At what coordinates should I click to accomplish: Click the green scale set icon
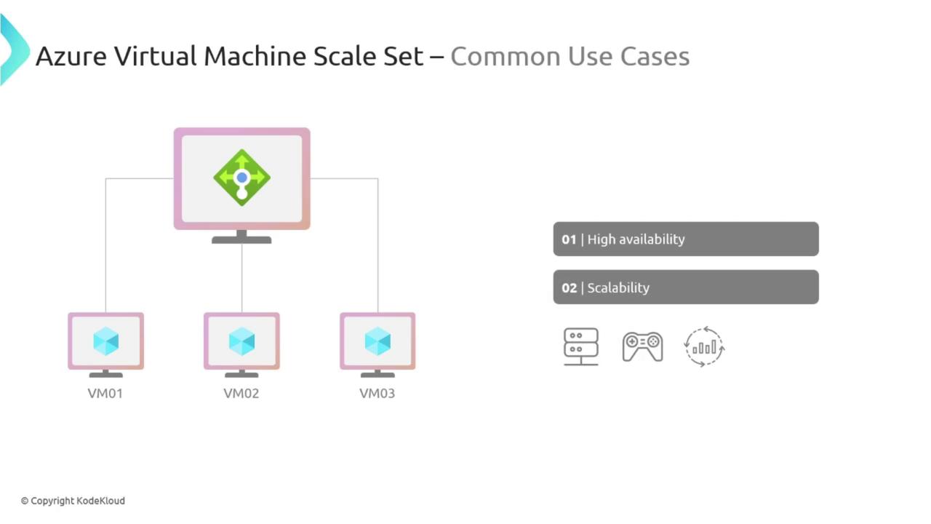[242, 178]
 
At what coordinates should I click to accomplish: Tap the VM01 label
[105, 394]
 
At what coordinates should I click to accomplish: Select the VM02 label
[241, 394]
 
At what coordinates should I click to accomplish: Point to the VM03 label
[377, 394]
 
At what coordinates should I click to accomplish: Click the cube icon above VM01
[106, 341]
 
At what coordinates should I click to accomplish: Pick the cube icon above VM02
[242, 341]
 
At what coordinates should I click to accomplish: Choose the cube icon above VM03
[377, 341]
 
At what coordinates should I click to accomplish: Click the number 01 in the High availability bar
[569, 239]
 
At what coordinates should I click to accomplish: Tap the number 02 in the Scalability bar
[570, 287]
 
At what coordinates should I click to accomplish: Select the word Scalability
[618, 287]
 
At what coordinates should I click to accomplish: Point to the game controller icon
[642, 346]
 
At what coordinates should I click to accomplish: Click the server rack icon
[581, 347]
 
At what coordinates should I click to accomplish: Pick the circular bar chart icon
[704, 347]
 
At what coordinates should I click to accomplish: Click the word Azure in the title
[71, 56]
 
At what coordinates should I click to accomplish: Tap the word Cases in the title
[655, 57]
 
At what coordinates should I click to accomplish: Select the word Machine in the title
[255, 56]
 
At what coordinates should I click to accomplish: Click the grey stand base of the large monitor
[241, 240]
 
